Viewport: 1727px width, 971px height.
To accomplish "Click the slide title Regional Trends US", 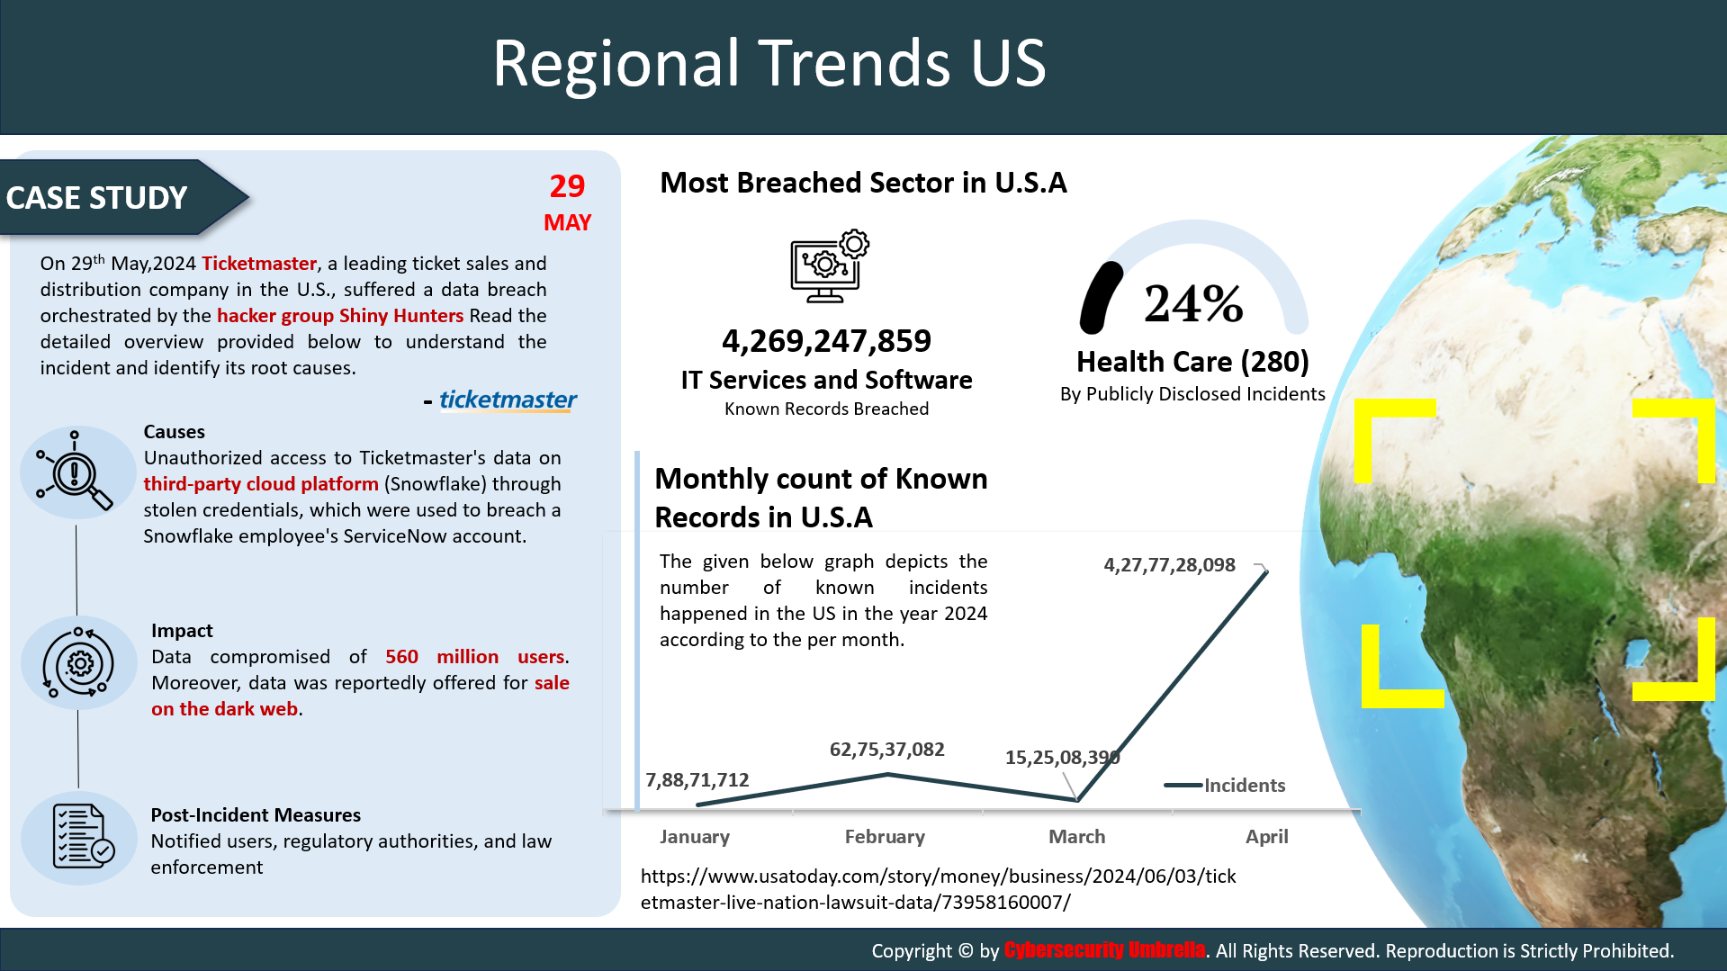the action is pos(769,63).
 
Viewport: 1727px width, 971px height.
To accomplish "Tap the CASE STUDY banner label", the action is pos(96,198).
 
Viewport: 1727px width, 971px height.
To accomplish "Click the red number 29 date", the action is pos(567,185).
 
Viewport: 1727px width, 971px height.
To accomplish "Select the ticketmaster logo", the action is pos(508,400).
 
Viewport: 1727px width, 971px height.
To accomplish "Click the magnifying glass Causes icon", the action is pos(75,470).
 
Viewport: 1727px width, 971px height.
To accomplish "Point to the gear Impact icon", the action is pos(78,663).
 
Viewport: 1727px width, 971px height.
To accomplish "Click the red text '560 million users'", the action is pos(476,657).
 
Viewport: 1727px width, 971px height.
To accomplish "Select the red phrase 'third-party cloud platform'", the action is pos(261,484).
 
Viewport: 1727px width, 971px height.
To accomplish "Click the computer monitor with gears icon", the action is pos(830,266).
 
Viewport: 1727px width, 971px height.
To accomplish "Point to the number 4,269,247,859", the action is pos(826,341).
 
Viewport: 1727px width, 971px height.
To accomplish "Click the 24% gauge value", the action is pos(1193,303).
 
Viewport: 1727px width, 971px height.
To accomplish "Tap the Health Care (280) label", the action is pos(1192,362).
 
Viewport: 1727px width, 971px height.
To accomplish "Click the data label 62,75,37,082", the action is pos(886,750).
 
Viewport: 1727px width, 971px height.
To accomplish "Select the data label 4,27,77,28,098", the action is pos(1169,565).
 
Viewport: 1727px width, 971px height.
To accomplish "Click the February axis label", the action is pos(885,837).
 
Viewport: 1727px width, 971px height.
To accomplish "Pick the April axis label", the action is pos(1266,837).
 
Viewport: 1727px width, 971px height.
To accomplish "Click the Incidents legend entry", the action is pos(1225,786).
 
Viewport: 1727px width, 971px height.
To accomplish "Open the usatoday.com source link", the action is pos(938,889).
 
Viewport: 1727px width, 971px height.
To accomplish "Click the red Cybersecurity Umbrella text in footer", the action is pos(1104,950).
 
